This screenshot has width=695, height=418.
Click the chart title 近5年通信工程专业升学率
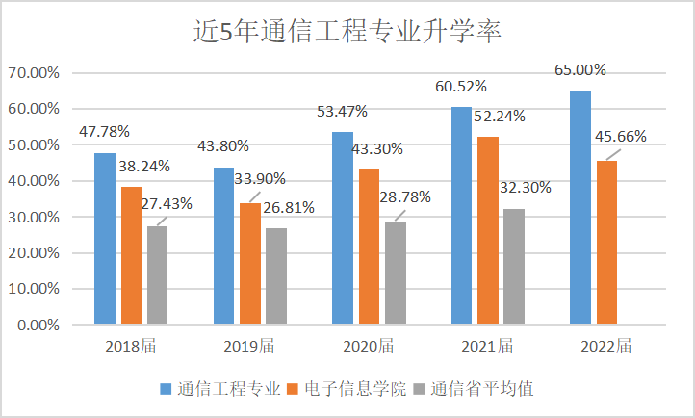coord(347,31)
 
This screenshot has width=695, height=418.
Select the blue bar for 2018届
coord(105,238)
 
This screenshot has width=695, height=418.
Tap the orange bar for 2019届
coord(250,263)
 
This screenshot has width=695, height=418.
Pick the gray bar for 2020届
coord(395,273)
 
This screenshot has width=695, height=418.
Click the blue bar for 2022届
coord(579,207)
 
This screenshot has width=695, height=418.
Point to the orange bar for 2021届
coord(488,230)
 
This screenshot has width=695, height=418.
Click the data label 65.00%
coord(580,70)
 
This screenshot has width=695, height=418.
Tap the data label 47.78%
coord(105,131)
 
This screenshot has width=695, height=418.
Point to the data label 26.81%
coord(289,208)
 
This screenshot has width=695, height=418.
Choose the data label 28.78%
coord(405,197)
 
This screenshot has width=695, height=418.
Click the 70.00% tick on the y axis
coord(34,72)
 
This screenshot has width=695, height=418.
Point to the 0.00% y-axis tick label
coord(37,326)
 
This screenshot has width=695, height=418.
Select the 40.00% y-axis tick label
coord(34,181)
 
